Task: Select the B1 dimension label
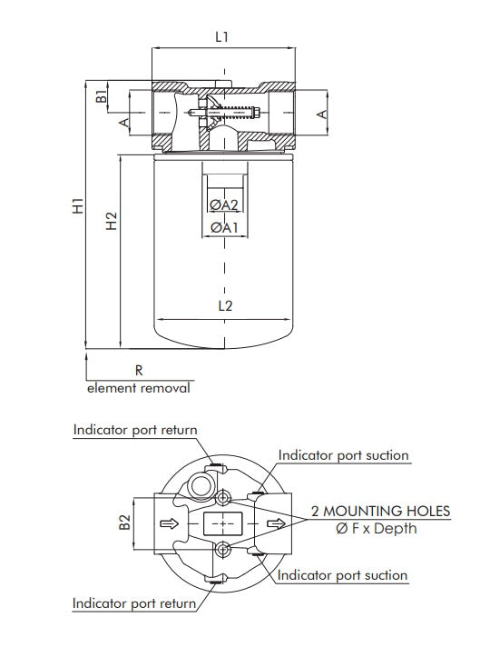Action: tap(103, 93)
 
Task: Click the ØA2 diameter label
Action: tap(223, 205)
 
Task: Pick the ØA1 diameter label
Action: tap(223, 227)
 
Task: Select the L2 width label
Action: tap(225, 306)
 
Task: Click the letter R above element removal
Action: tap(139, 371)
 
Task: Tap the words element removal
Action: tap(139, 388)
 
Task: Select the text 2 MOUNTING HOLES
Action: tap(380, 511)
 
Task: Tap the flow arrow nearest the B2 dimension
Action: tap(166, 523)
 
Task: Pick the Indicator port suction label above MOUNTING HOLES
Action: tap(343, 455)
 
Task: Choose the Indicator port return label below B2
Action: tap(135, 602)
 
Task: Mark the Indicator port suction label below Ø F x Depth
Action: tap(342, 575)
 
